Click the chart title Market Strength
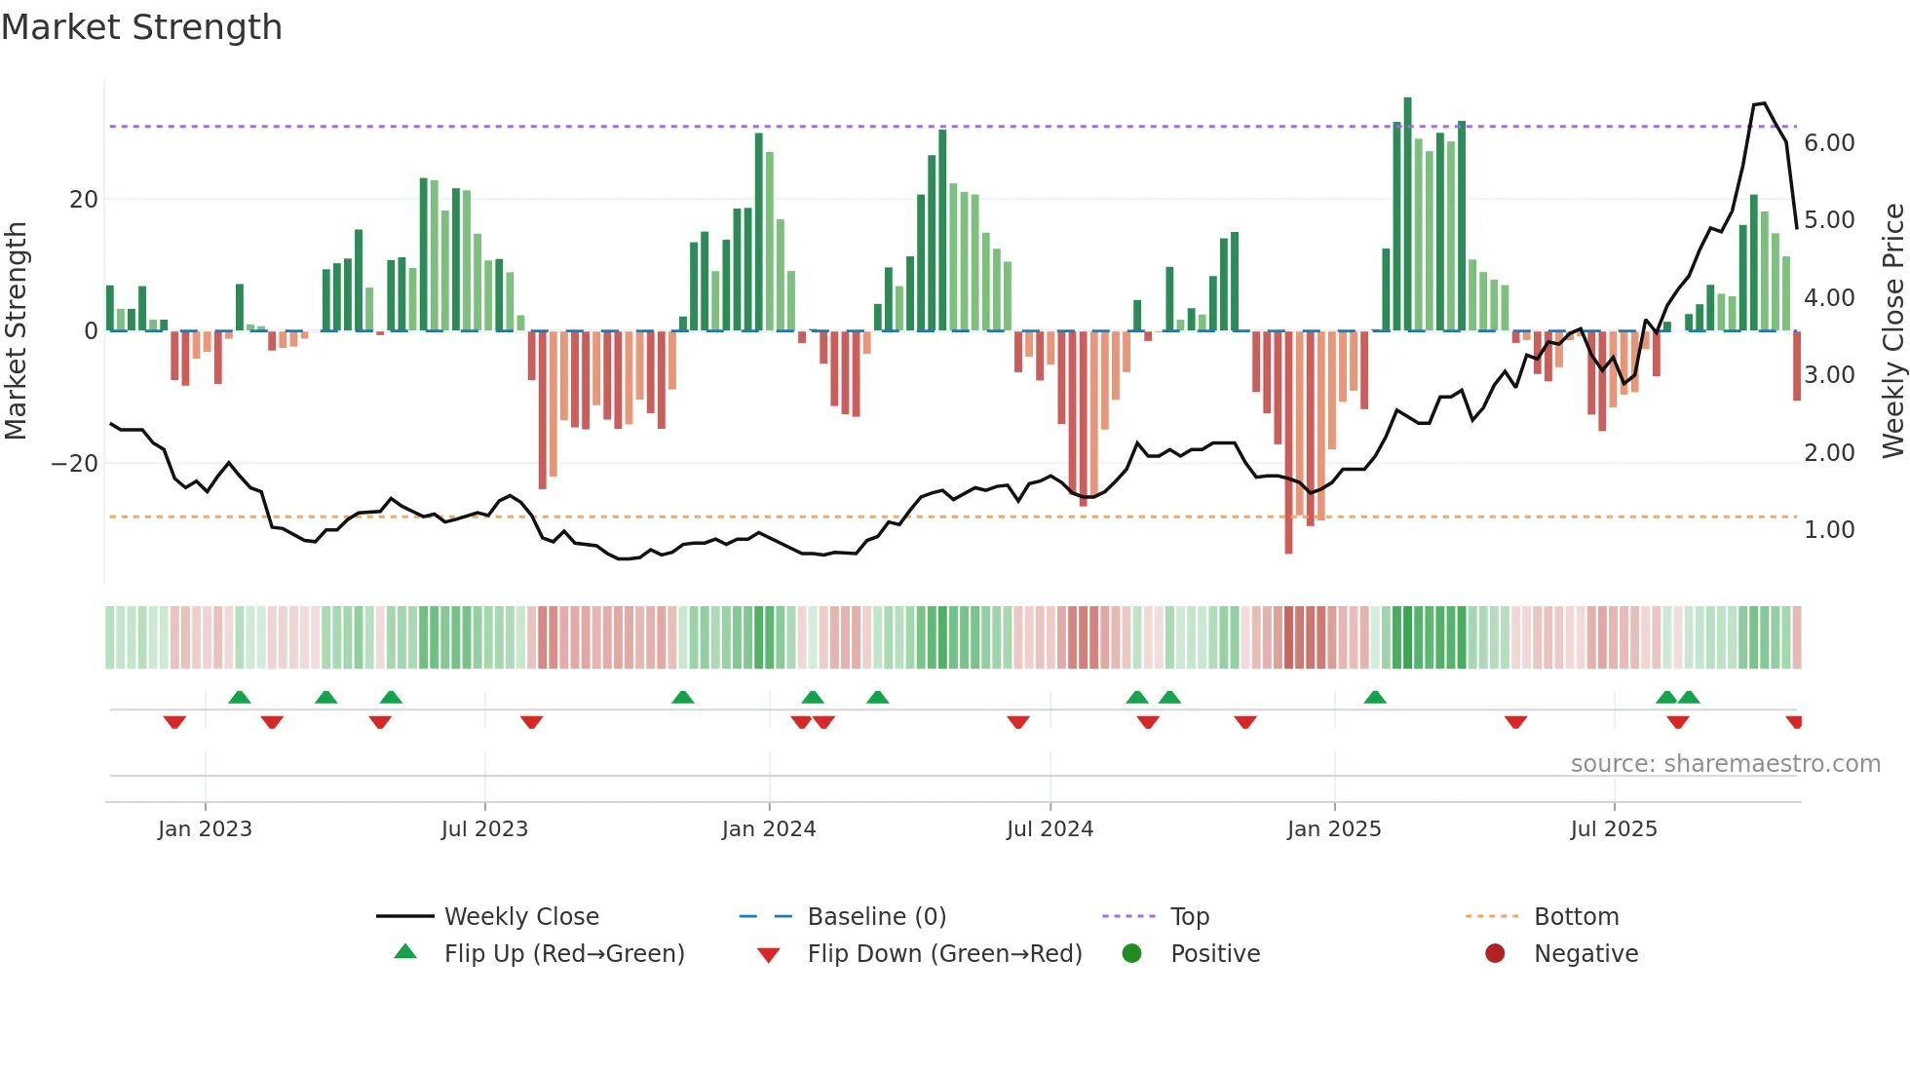tap(142, 27)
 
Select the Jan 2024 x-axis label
tap(769, 829)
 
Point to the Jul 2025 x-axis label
tap(1614, 829)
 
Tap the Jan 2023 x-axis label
tap(205, 829)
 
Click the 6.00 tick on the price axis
tap(1829, 143)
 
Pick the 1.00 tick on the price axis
tap(1829, 530)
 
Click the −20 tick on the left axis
tap(75, 464)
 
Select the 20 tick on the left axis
tap(84, 200)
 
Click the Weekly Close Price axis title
tap(1892, 331)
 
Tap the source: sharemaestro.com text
tap(1725, 764)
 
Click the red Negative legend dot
tap(1495, 954)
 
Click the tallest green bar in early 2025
tap(1407, 214)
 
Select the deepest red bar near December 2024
tap(1288, 443)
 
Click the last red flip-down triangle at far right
tap(1794, 722)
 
